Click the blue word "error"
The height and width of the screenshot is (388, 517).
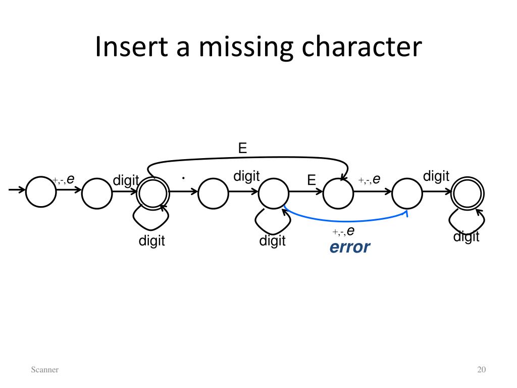pos(349,248)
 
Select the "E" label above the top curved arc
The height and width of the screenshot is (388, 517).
pos(242,148)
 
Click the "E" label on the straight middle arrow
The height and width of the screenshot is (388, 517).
pos(311,180)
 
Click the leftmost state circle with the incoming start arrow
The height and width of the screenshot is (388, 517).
pos(41,192)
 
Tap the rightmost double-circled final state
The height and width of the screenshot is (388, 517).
pos(468,192)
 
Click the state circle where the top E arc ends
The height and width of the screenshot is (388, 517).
pos(338,192)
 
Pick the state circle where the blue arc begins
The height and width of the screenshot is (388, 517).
pos(274,192)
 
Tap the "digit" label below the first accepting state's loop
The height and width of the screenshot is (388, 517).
pos(152,241)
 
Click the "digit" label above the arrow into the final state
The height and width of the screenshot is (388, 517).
pos(436,176)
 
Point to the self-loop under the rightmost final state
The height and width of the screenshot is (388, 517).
pos(467,223)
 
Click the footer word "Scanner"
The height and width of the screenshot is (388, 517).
pos(44,370)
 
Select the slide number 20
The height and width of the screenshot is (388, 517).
pos(481,370)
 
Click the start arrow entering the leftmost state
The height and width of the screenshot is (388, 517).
pos(17,190)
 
